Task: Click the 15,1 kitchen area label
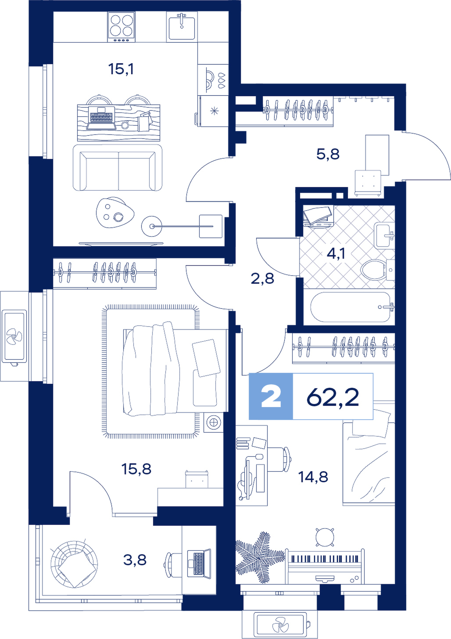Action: [x=121, y=69]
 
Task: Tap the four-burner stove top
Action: [x=122, y=27]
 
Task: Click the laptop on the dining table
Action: [x=101, y=119]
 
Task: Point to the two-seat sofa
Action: [x=118, y=167]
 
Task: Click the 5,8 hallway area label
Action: [x=328, y=154]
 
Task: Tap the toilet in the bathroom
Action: [x=377, y=269]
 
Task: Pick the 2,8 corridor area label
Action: [x=262, y=278]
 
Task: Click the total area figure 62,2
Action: [x=333, y=397]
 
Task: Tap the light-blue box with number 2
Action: [x=271, y=397]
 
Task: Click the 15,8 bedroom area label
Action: [x=136, y=469]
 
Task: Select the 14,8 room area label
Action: [x=313, y=477]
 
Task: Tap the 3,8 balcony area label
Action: [x=135, y=560]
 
